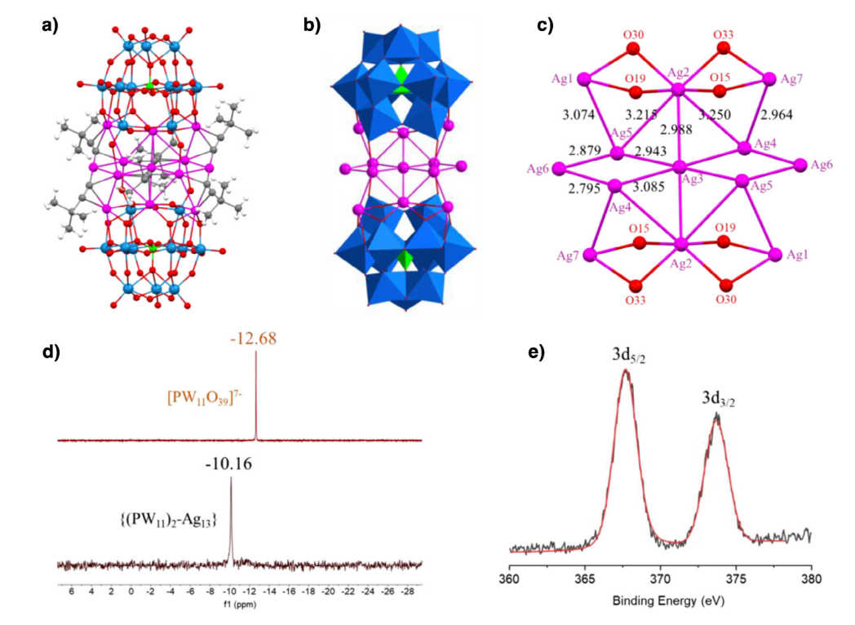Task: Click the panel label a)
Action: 50,25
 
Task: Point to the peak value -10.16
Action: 231,464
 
